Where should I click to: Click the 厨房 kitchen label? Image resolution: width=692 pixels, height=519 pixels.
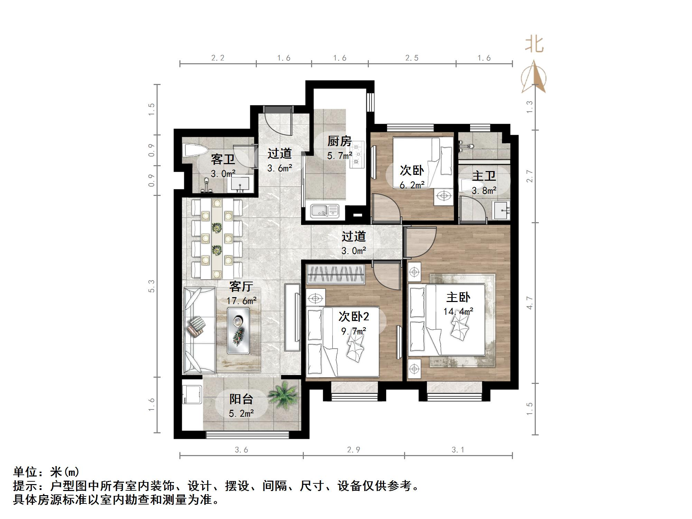(339, 141)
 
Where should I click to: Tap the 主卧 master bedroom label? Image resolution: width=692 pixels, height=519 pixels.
(458, 297)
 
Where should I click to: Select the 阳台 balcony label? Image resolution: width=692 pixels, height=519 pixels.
(241, 399)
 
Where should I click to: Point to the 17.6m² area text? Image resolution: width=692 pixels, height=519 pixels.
(241, 301)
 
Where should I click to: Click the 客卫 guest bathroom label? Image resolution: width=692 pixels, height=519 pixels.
(223, 159)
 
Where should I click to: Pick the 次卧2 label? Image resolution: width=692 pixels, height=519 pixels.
(354, 316)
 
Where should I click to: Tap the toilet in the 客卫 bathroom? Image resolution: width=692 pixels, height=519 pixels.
(195, 151)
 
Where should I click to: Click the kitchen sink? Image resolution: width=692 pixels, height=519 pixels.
(325, 211)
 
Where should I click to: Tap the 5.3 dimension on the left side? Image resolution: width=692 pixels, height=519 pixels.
(151, 286)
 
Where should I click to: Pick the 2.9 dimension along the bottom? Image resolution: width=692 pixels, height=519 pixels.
(354, 450)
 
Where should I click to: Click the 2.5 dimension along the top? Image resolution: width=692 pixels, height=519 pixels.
(412, 58)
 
